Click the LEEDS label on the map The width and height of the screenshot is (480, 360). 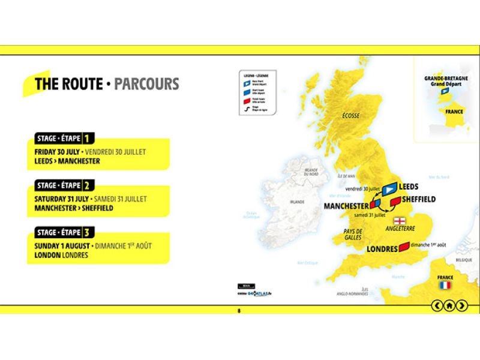pyautogui.click(x=409, y=187)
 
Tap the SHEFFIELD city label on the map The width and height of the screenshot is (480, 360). pyautogui.click(x=418, y=199)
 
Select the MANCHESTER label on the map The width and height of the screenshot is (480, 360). pyautogui.click(x=346, y=206)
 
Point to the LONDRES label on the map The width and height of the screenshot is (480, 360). pyautogui.click(x=382, y=248)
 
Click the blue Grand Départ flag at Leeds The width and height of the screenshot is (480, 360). pyautogui.click(x=390, y=187)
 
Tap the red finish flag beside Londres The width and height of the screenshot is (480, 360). pyautogui.click(x=404, y=245)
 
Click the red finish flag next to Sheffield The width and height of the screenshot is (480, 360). pyautogui.click(x=395, y=200)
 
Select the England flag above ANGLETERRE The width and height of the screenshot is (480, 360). pyautogui.click(x=397, y=220)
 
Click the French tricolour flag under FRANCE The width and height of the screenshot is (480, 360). pyautogui.click(x=445, y=286)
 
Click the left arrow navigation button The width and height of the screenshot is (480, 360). pyautogui.click(x=437, y=305)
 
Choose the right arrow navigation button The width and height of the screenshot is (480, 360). pyautogui.click(x=461, y=305)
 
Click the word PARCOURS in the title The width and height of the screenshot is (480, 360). pyautogui.click(x=146, y=84)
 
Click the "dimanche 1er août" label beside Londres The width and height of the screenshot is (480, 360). pyautogui.click(x=428, y=245)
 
